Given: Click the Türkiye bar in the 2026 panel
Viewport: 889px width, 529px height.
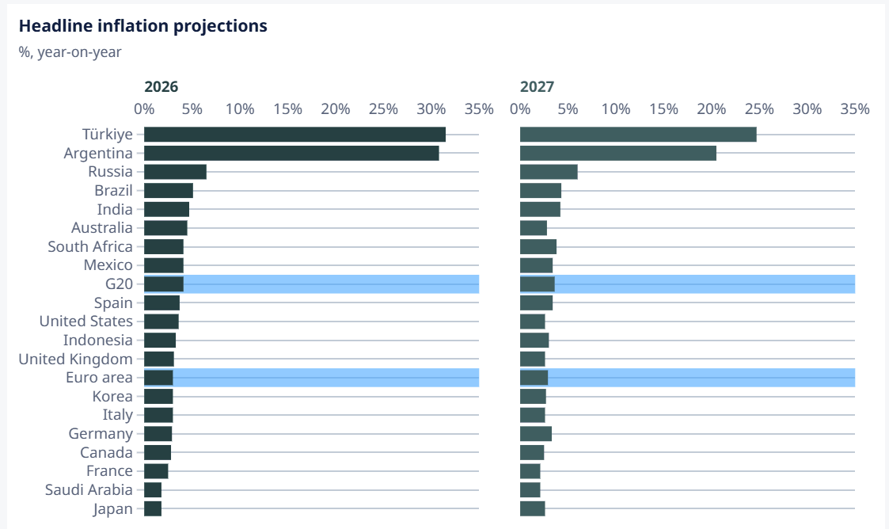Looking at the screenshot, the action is (x=294, y=135).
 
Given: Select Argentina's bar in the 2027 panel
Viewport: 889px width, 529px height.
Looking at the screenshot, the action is (x=618, y=153).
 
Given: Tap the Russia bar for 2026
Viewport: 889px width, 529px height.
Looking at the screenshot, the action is (x=175, y=172).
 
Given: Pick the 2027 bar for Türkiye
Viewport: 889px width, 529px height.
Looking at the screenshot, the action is (x=638, y=135).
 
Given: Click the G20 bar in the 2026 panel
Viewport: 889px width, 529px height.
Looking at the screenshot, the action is (x=164, y=284).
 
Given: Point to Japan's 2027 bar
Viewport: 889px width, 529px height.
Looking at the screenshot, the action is (x=533, y=508).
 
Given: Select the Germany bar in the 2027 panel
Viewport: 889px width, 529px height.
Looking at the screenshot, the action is (x=536, y=434).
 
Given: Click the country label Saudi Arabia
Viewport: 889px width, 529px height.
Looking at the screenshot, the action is (x=89, y=490).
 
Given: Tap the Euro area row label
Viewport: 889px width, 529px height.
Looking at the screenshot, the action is (x=99, y=378).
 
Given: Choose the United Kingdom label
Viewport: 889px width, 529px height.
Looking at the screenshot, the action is (x=75, y=359).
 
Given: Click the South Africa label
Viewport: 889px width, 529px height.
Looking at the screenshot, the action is (x=90, y=246).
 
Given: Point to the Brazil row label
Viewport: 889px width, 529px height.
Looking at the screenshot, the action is (x=113, y=191).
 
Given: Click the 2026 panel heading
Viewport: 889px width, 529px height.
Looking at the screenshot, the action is (x=161, y=87).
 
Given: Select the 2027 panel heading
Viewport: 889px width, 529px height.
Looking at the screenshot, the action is (x=537, y=87).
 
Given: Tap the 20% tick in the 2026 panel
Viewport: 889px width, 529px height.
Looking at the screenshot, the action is (x=336, y=108).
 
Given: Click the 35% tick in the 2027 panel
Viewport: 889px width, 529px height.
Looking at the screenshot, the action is (x=855, y=108).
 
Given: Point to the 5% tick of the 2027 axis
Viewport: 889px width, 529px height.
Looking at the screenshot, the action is (x=568, y=108).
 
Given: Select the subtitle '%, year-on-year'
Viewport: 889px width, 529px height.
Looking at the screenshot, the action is (x=70, y=52).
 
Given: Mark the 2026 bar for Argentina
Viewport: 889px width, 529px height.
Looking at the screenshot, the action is (x=291, y=153).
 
